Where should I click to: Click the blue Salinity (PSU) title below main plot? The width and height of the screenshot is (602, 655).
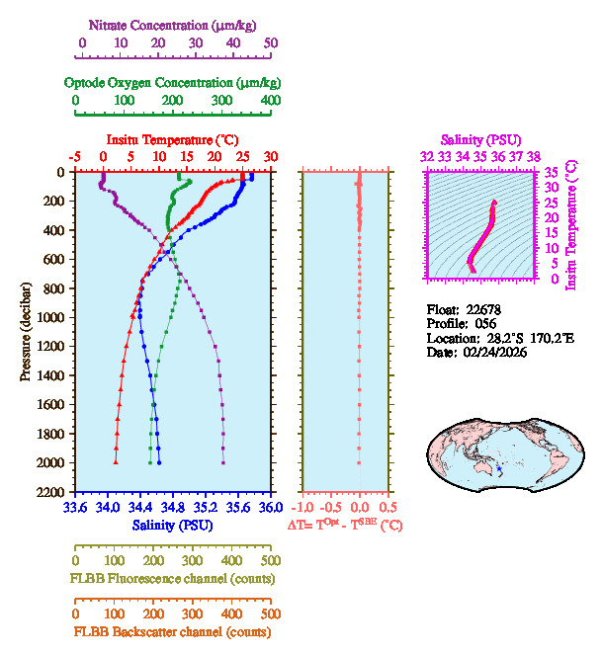pyautogui.click(x=173, y=525)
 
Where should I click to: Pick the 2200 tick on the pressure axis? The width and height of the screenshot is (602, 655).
pyautogui.click(x=51, y=492)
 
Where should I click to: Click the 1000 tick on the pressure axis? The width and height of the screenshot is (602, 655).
pyautogui.click(x=51, y=317)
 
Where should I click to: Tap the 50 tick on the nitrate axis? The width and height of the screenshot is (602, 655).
pyautogui.click(x=271, y=42)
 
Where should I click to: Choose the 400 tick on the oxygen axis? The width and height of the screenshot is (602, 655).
pyautogui.click(x=270, y=100)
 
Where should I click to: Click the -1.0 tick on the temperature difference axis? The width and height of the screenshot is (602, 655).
pyautogui.click(x=302, y=508)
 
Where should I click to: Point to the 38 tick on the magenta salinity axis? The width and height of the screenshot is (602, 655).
pyautogui.click(x=534, y=156)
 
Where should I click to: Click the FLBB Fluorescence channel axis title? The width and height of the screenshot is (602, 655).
pyautogui.click(x=172, y=577)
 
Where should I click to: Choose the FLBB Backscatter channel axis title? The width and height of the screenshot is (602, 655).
pyautogui.click(x=172, y=631)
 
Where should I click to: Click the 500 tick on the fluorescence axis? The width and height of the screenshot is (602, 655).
pyautogui.click(x=271, y=559)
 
